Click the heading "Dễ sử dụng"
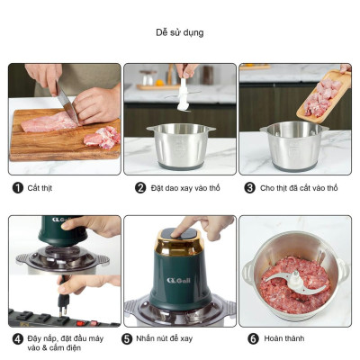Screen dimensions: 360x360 pos(180,32)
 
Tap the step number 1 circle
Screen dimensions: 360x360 pos(18,188)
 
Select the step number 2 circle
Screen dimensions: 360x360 pos(140,188)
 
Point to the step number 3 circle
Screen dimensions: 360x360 pos(249,188)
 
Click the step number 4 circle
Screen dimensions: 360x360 pos(18,339)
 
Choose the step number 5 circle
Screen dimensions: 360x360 pos(127,339)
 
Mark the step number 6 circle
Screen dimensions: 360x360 pos(253,339)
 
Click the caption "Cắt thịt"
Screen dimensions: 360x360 pos(40,188)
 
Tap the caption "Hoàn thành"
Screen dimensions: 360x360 pos(284,338)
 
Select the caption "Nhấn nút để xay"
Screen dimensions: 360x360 pos(165,338)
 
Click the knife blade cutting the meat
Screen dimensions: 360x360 pos(67,104)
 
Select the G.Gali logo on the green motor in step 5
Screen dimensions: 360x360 pos(179,281)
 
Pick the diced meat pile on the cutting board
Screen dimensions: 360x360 pos(102,138)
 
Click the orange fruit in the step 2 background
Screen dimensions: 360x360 pos(159,83)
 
